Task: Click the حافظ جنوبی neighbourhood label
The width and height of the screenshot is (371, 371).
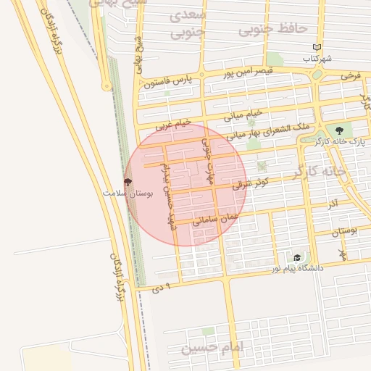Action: [x=288, y=29]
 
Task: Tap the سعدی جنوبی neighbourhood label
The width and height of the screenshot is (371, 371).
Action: [x=186, y=23]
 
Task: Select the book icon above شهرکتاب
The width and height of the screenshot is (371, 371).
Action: [x=316, y=47]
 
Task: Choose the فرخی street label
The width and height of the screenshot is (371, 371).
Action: [x=351, y=75]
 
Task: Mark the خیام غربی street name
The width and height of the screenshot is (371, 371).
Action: [x=174, y=125]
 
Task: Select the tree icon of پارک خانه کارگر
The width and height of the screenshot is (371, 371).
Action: [x=339, y=130]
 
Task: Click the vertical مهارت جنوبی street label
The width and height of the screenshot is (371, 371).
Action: [x=211, y=161]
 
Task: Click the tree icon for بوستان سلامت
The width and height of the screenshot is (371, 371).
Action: [x=128, y=183]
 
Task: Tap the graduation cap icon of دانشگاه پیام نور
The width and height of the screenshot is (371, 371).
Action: [x=296, y=257]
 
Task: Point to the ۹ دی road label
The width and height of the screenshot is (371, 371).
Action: [x=162, y=288]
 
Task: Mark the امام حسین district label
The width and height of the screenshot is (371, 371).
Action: [x=214, y=348]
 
